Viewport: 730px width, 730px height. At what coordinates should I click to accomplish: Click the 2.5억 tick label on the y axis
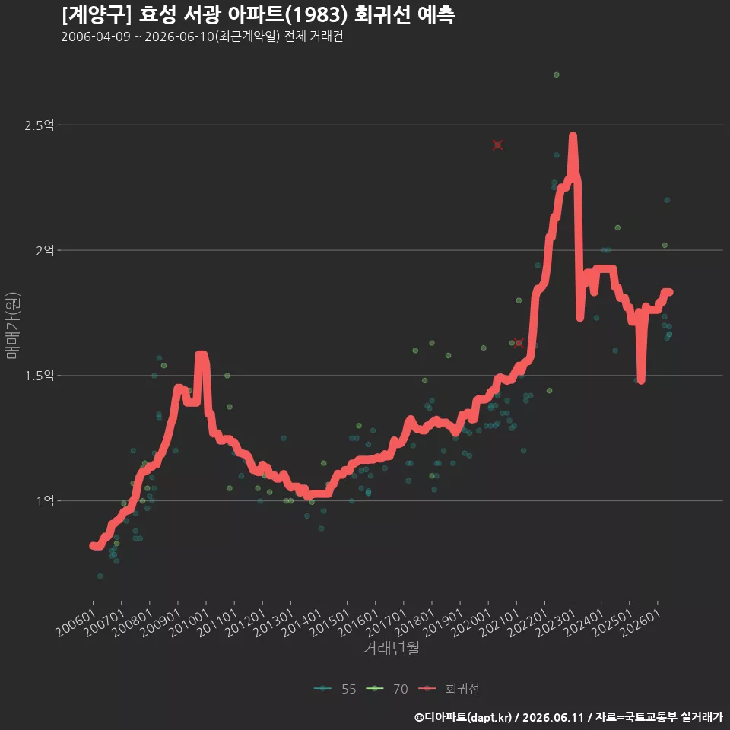click(39, 125)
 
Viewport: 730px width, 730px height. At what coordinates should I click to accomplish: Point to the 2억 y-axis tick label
click(45, 250)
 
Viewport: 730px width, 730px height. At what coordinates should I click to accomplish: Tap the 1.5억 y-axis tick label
click(39, 376)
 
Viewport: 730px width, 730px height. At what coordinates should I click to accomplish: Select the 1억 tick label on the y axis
click(45, 501)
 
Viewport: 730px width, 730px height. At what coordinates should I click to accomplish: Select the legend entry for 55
click(335, 689)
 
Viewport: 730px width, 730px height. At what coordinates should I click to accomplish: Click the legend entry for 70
click(387, 689)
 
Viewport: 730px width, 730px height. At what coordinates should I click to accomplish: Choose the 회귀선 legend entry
click(449, 689)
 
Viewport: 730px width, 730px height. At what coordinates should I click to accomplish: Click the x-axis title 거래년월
click(391, 648)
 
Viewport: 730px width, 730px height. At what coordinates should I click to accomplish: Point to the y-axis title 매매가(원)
click(12, 325)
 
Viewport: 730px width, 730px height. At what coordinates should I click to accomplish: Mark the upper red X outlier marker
click(497, 144)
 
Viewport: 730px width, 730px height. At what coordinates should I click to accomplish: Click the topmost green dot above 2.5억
click(557, 75)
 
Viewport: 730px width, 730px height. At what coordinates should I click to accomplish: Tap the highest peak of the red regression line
click(573, 135)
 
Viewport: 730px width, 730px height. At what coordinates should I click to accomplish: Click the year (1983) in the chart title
click(316, 15)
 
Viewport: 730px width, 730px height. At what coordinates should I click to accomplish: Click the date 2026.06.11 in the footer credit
click(553, 717)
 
